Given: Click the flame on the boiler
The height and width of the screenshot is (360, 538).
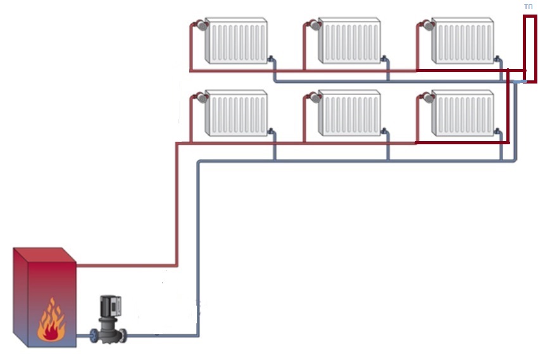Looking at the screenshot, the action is click(51, 321).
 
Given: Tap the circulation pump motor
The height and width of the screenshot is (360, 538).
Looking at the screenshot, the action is click(110, 306).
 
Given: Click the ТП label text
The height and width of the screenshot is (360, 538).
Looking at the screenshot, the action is click(529, 6).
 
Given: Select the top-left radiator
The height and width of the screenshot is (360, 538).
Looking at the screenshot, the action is click(236, 40).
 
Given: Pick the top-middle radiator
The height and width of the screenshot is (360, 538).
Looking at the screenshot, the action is click(349, 40).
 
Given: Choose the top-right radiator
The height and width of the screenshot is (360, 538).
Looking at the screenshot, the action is click(463, 40).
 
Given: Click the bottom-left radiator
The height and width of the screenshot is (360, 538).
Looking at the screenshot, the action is click(236, 113).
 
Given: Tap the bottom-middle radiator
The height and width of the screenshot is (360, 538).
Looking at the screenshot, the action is click(349, 113).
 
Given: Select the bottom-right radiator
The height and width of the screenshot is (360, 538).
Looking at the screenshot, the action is click(463, 113).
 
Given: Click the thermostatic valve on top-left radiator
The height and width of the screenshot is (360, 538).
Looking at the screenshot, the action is click(201, 25).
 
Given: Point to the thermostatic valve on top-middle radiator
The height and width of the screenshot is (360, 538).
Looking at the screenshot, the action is click(314, 25).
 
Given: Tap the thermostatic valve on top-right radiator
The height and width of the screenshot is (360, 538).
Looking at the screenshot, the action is click(427, 25).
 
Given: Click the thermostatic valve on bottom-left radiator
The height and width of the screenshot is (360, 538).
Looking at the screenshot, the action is click(201, 98).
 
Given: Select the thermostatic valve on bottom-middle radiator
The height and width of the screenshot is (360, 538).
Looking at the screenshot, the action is click(314, 98).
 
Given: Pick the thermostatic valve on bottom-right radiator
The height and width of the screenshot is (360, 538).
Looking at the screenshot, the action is click(427, 98).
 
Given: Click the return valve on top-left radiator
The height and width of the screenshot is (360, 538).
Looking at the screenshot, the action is click(271, 59).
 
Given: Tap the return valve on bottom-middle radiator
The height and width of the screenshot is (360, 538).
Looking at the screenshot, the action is click(384, 132).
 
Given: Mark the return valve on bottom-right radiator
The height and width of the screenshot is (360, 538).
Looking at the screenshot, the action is click(497, 132).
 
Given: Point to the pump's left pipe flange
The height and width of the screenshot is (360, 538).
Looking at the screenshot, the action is click(94, 336).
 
